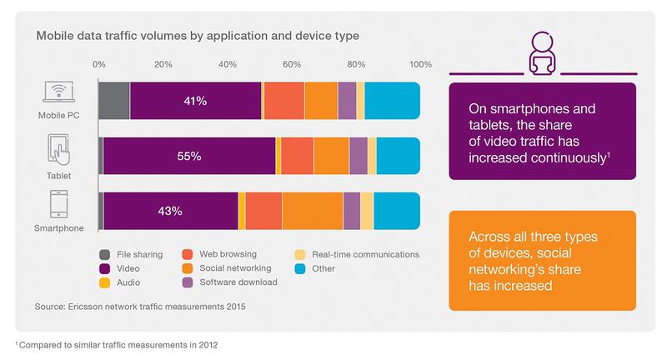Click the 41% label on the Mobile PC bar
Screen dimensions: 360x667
(195, 101)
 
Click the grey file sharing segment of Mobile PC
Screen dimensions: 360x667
(114, 101)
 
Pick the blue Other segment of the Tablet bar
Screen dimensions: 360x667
(399, 156)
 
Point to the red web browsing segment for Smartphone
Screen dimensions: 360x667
(263, 211)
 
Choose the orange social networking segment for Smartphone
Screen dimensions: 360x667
(313, 211)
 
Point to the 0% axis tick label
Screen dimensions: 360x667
(99, 64)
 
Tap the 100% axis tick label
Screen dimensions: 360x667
(419, 64)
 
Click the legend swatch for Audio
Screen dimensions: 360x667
(104, 282)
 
